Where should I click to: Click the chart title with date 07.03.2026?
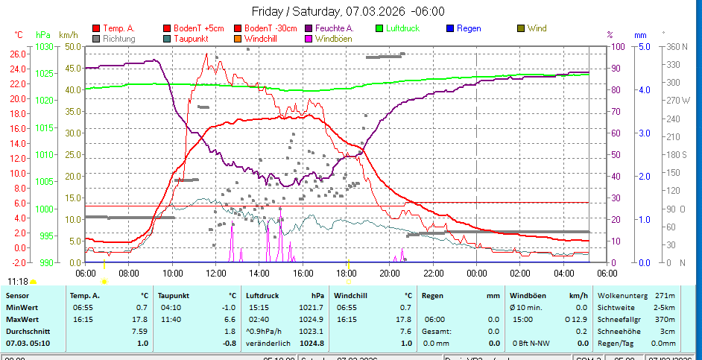pyautogui.click(x=348, y=11)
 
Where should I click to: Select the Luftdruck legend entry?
pyautogui.click(x=402, y=28)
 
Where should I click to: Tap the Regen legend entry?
pyautogui.click(x=468, y=28)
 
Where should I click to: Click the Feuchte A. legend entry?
pyautogui.click(x=334, y=28)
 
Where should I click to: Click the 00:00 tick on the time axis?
pyautogui.click(x=476, y=272)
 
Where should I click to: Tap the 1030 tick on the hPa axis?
pyautogui.click(x=45, y=46)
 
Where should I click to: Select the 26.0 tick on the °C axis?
pyautogui.click(x=18, y=54)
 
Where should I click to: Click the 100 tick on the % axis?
pyautogui.click(x=617, y=46)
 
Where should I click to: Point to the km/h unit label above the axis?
pyautogui.click(x=69, y=35)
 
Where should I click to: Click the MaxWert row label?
pyautogui.click(x=22, y=318)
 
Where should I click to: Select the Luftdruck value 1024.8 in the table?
pyautogui.click(x=312, y=343)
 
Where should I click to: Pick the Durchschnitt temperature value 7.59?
pyautogui.click(x=140, y=331)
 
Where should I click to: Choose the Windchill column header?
pyautogui.click(x=352, y=295)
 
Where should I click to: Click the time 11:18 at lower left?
pyautogui.click(x=18, y=281)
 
